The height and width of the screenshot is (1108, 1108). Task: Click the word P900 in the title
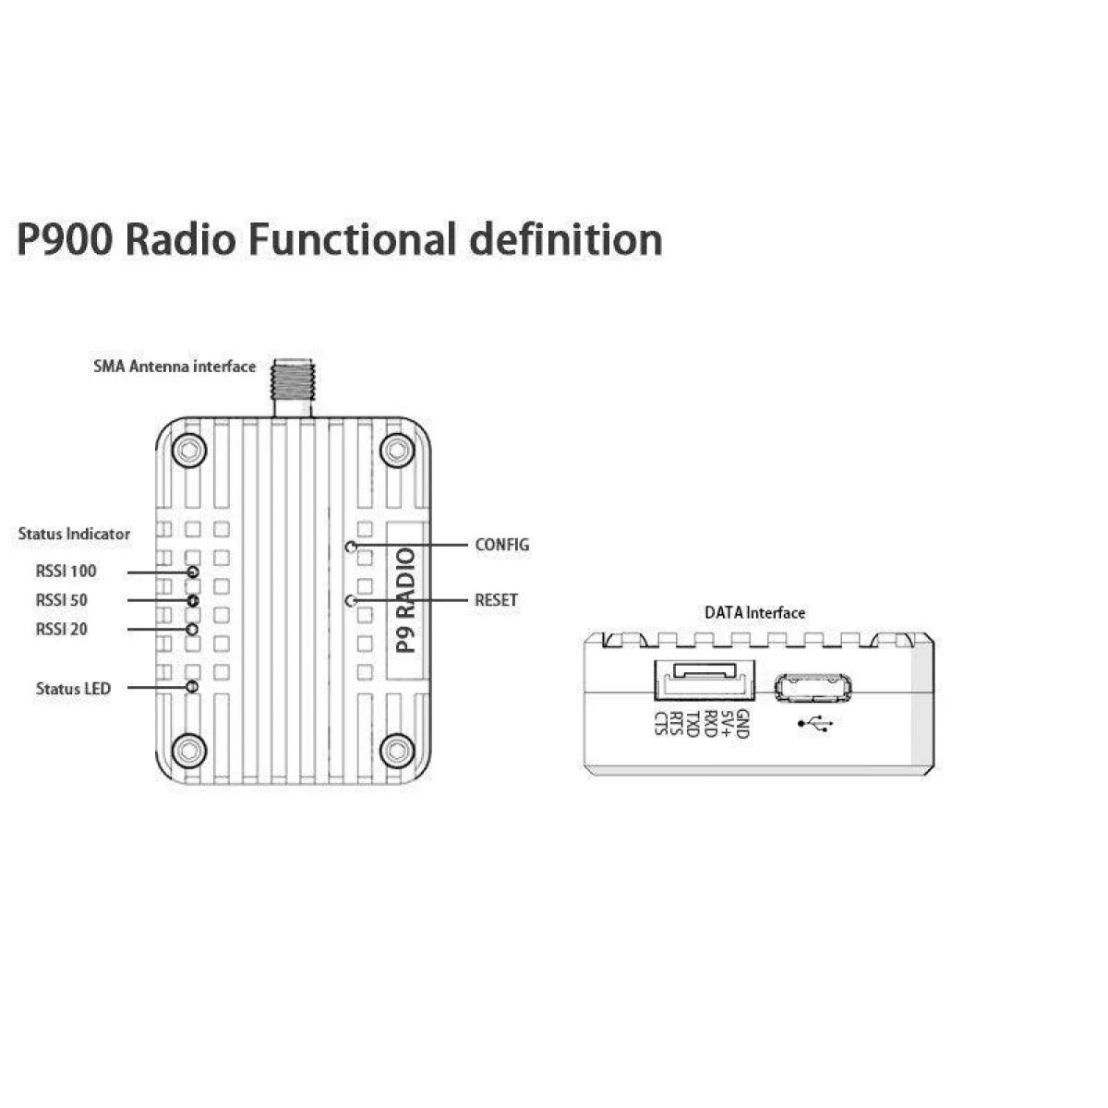click(x=65, y=239)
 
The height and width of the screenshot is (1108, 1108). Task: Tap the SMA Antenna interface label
click(x=175, y=367)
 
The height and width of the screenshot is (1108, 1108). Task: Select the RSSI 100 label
click(x=66, y=572)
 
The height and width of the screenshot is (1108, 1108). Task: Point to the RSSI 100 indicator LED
click(x=194, y=572)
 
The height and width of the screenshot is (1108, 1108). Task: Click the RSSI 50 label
click(x=62, y=600)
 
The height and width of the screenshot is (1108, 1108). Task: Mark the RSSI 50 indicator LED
click(x=194, y=601)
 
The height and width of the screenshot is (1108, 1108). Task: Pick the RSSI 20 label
click(x=62, y=630)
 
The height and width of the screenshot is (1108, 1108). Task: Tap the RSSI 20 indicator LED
click(x=193, y=630)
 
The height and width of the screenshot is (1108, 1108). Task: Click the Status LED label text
click(x=73, y=688)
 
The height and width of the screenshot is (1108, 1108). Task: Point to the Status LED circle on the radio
click(x=193, y=687)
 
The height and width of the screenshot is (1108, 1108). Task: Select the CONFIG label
click(x=502, y=545)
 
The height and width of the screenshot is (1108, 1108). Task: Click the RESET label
click(x=496, y=600)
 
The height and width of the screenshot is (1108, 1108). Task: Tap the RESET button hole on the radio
click(x=350, y=601)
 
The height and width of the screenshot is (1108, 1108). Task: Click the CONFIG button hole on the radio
click(x=351, y=546)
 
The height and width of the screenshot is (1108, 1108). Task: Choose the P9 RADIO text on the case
click(x=406, y=600)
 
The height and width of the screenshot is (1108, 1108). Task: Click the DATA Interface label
click(x=755, y=613)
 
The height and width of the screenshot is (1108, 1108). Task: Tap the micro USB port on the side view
click(x=813, y=688)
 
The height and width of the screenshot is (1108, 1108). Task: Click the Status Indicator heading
click(x=74, y=534)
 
